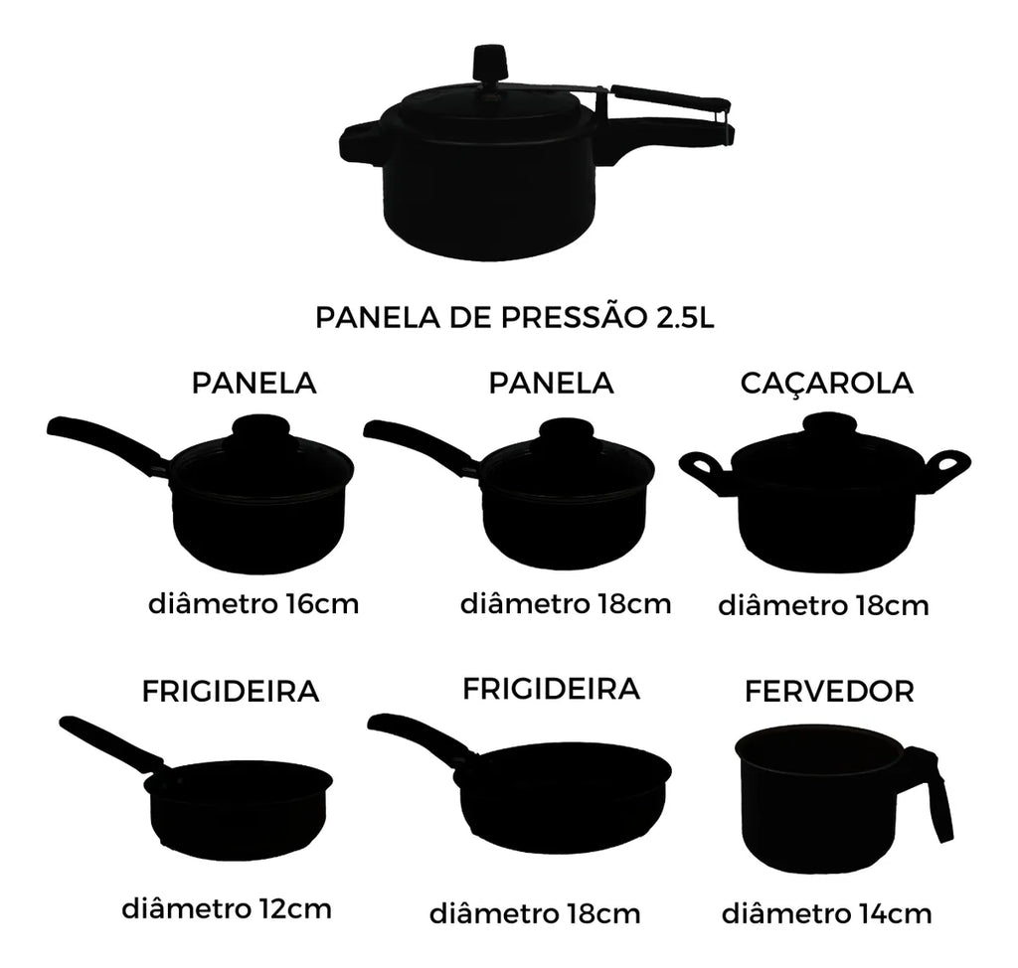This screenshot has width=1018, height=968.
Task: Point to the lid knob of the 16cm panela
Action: (x=260, y=427)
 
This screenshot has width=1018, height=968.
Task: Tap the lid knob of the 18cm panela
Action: (x=566, y=431)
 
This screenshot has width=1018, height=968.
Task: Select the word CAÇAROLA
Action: (x=826, y=384)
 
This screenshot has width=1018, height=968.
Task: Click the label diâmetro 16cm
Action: (x=254, y=604)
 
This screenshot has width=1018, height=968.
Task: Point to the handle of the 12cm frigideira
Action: (x=110, y=743)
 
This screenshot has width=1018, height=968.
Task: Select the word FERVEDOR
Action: (x=829, y=692)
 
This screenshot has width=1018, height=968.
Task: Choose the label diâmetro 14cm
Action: (x=826, y=913)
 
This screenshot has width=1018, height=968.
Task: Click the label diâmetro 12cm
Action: (x=227, y=908)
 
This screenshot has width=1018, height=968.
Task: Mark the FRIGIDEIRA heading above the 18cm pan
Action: (x=551, y=689)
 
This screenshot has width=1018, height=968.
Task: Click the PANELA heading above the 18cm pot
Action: (x=551, y=383)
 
